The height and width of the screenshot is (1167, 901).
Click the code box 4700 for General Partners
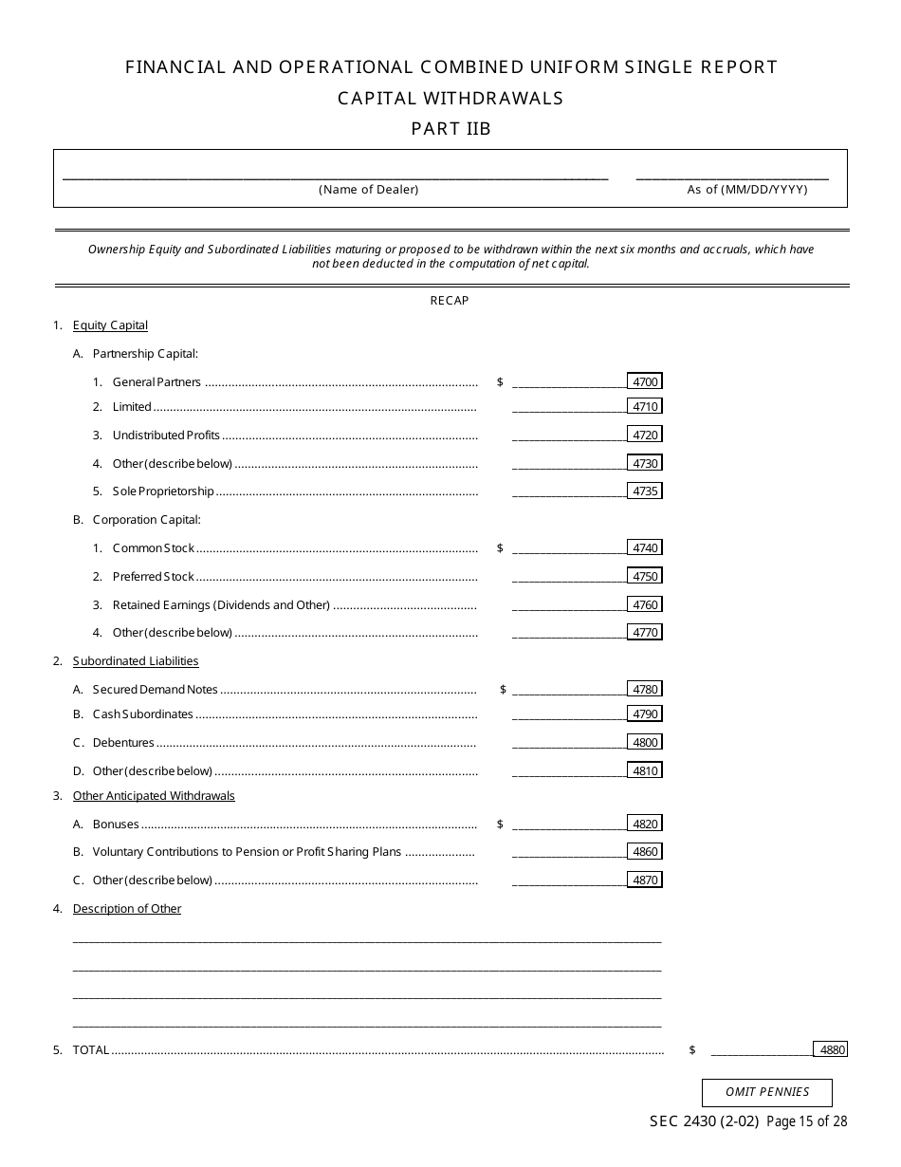pyautogui.click(x=645, y=381)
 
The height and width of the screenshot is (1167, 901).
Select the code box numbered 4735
pyautogui.click(x=645, y=491)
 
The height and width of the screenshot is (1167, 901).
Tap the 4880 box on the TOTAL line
pyautogui.click(x=831, y=1049)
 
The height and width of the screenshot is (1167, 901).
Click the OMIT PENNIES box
pyautogui.click(x=767, y=1092)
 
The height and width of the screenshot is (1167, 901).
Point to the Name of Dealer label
pyautogui.click(x=368, y=190)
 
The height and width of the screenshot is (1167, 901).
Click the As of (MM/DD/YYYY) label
pyautogui.click(x=747, y=190)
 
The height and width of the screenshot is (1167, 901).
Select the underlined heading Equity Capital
pyautogui.click(x=110, y=325)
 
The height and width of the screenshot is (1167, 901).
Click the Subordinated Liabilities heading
pyautogui.click(x=136, y=661)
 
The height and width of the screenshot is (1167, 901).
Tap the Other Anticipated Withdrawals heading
pyautogui.click(x=154, y=796)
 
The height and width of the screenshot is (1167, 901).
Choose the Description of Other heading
pyautogui.click(x=127, y=909)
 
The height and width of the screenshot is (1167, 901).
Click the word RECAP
pyautogui.click(x=450, y=301)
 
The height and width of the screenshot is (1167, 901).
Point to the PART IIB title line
pyautogui.click(x=450, y=129)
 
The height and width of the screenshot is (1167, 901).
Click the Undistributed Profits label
pyautogui.click(x=166, y=435)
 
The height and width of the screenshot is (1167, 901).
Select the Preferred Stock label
pyautogui.click(x=154, y=577)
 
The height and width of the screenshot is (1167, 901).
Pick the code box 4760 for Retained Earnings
pyautogui.click(x=645, y=604)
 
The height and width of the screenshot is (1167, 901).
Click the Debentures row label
pyautogui.click(x=123, y=743)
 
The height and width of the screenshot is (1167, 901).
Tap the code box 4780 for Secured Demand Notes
pyautogui.click(x=645, y=690)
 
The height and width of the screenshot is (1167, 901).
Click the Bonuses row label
pyautogui.click(x=116, y=824)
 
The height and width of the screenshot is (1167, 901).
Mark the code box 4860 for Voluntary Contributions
pyautogui.click(x=645, y=852)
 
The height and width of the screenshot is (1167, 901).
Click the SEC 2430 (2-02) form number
pyautogui.click(x=703, y=1121)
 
